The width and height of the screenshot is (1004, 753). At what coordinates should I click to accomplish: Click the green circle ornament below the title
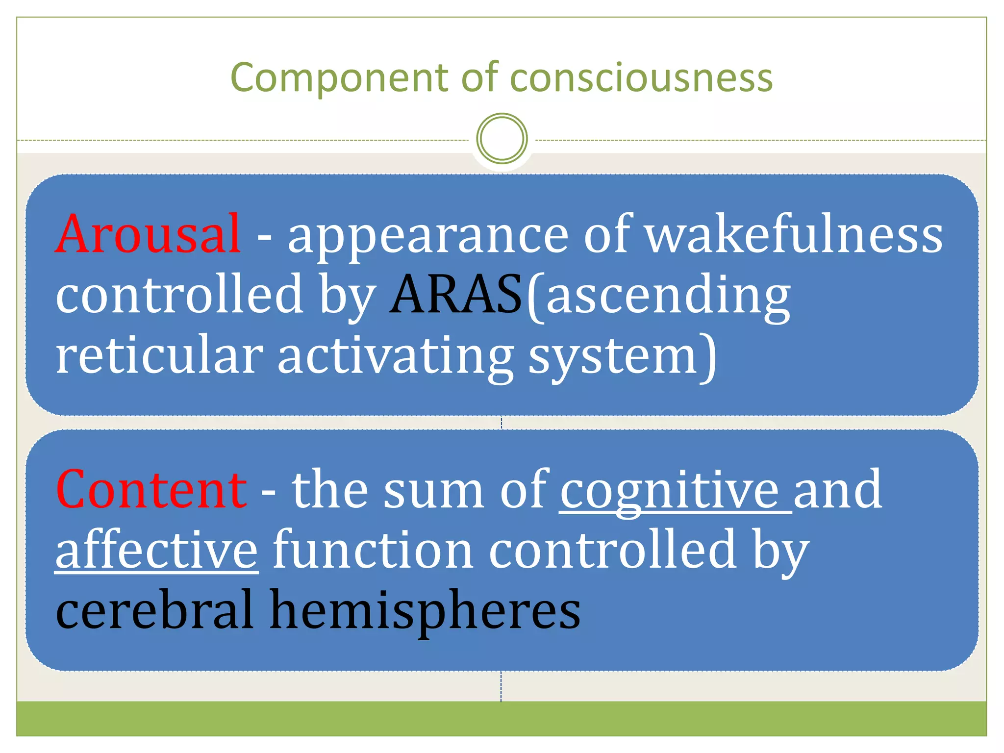tap(502, 138)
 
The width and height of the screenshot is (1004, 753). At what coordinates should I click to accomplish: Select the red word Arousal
tap(148, 235)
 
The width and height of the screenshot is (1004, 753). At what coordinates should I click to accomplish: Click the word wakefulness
tap(794, 235)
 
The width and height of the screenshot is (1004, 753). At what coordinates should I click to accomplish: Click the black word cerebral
tap(154, 610)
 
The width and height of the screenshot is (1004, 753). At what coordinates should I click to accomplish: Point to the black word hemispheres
tap(426, 610)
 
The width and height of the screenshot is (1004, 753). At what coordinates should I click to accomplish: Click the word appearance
tap(428, 235)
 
